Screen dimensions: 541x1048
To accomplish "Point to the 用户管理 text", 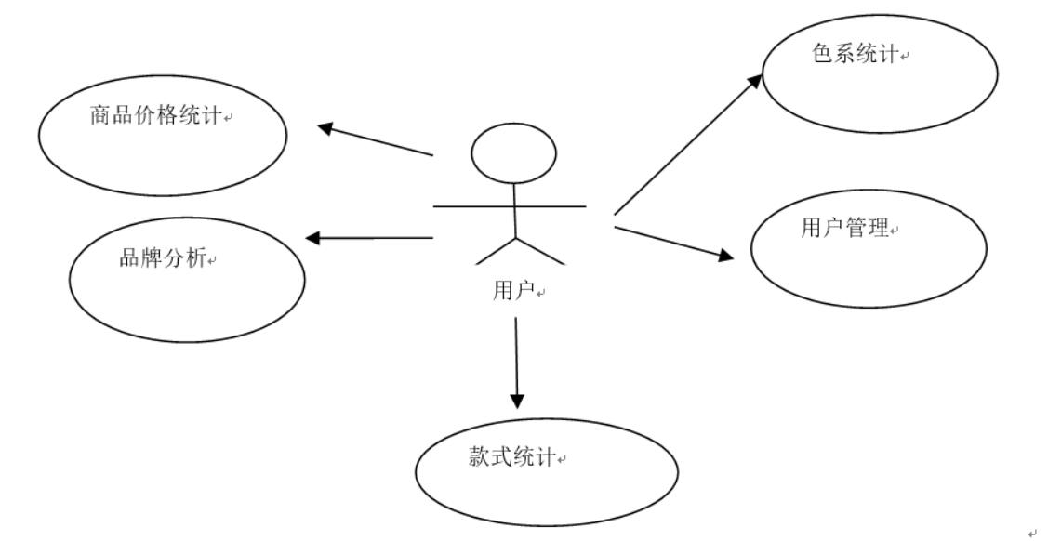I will click(844, 228).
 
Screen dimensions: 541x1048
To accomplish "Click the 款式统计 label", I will click(511, 457).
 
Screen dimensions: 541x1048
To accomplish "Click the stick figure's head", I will click(513, 153).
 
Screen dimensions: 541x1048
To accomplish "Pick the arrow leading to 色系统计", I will click(688, 143).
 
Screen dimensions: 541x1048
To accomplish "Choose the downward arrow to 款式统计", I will click(517, 363).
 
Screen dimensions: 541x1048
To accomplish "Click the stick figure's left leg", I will click(495, 250).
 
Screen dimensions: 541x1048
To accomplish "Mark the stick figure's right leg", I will click(539, 250).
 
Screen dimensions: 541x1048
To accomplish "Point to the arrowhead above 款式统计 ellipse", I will click(517, 400).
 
